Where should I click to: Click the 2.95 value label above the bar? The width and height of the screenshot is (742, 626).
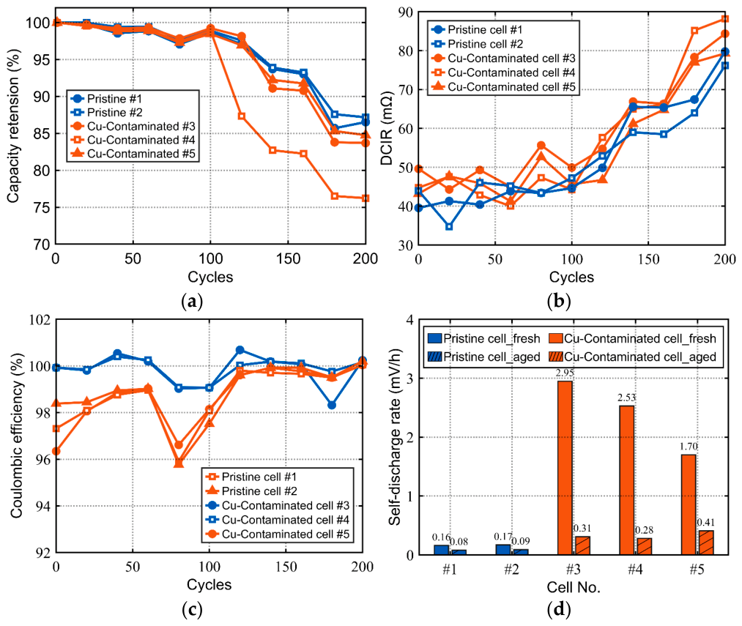tap(565, 373)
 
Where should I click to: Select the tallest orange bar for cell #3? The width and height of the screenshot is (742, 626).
tap(565, 468)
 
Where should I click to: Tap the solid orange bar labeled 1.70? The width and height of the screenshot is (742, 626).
tap(689, 504)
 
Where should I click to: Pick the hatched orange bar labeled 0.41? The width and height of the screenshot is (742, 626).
tap(706, 543)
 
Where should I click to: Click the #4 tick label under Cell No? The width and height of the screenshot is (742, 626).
tap(635, 569)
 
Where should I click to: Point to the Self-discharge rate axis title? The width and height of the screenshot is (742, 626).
tap(395, 436)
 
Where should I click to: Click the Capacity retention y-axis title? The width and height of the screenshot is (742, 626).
tap(14, 126)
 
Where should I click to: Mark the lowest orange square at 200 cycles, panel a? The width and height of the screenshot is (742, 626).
tap(366, 198)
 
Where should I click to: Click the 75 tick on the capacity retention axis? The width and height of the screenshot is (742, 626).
tap(42, 208)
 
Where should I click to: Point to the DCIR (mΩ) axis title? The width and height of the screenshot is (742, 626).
tap(387, 127)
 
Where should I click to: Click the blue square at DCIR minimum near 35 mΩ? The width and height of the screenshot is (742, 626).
tap(449, 227)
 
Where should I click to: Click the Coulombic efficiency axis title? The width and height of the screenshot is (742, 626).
tap(17, 436)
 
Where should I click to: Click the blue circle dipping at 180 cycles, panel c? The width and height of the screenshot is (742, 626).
tap(332, 405)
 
